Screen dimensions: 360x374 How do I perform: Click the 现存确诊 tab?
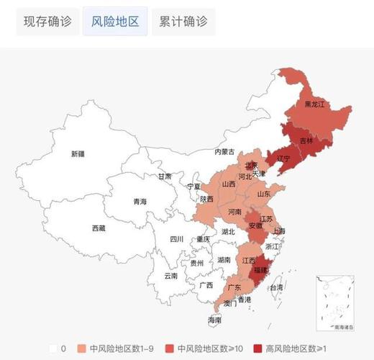pyautogui.click(x=47, y=22)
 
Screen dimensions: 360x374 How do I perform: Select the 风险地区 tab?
pyautogui.click(x=115, y=22)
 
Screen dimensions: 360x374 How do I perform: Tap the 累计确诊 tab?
pyautogui.click(x=183, y=22)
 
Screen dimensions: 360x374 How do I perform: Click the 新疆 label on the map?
pyautogui.click(x=78, y=154)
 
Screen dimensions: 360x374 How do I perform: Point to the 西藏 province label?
pyautogui.click(x=99, y=228)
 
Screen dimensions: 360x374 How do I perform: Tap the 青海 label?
pyautogui.click(x=140, y=202)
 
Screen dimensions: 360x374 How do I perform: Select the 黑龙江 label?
pyautogui.click(x=315, y=104)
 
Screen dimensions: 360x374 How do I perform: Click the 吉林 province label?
pyautogui.click(x=306, y=140)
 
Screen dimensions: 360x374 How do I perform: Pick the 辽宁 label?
pyautogui.click(x=283, y=158)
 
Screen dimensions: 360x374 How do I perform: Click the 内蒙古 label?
pyautogui.click(x=225, y=152)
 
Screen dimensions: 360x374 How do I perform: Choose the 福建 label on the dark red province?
pyautogui.click(x=260, y=270)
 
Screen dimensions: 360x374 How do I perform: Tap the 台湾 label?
pyautogui.click(x=276, y=287)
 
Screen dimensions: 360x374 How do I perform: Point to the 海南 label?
pyautogui.click(x=214, y=320)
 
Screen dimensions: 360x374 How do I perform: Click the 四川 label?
pyautogui.click(x=177, y=239)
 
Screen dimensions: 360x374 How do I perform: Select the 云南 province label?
pyautogui.click(x=171, y=276)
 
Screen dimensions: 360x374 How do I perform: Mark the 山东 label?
pyautogui.click(x=264, y=193)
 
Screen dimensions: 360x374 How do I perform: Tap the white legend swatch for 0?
pyautogui.click(x=53, y=348)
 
